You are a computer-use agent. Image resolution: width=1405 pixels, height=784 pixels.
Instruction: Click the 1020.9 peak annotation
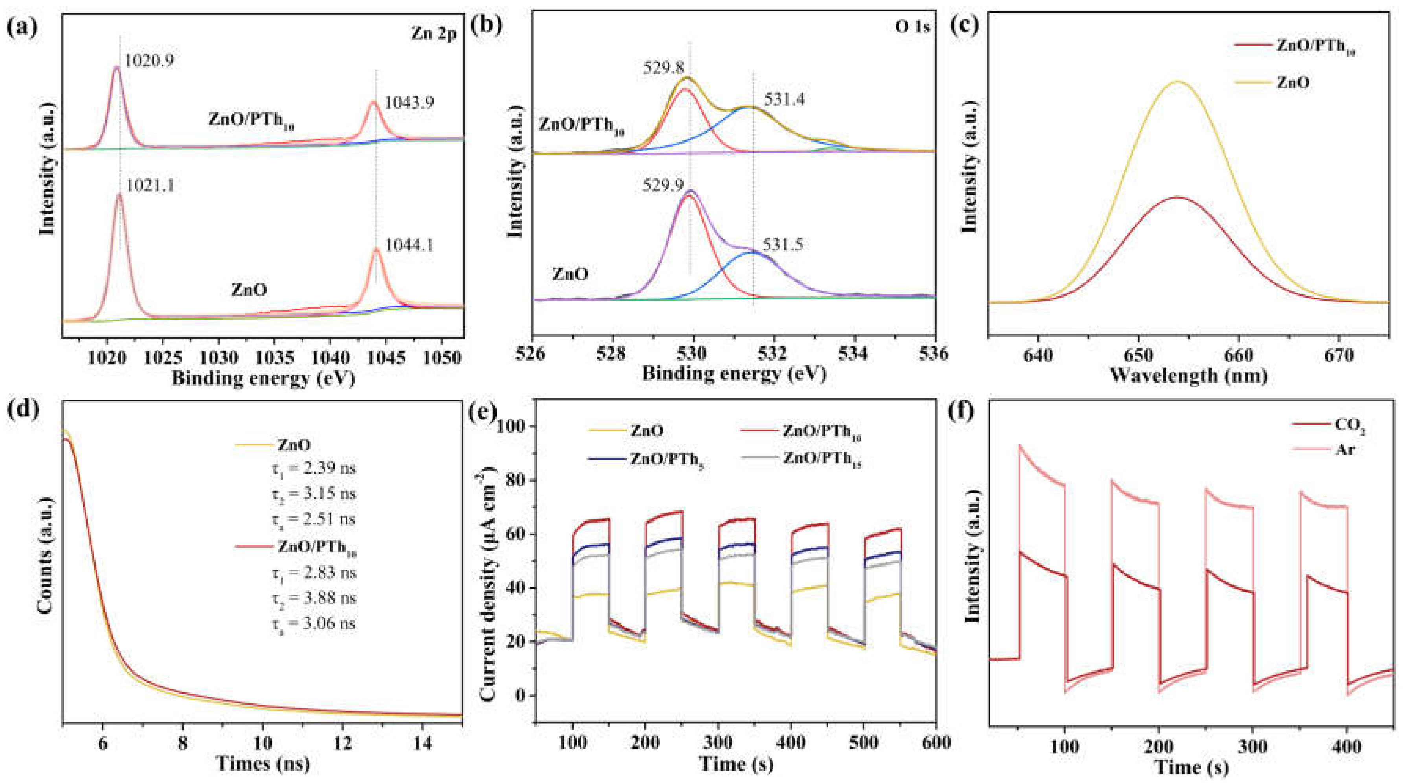tap(149, 61)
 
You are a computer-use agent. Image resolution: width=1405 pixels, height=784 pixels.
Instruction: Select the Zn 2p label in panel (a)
tap(433, 34)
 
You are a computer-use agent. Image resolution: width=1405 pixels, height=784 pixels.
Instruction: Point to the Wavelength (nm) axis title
tap(1188, 375)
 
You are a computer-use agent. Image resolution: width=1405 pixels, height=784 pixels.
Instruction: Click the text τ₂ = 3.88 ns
tap(314, 598)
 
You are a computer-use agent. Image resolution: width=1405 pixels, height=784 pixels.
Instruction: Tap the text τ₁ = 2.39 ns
tap(314, 469)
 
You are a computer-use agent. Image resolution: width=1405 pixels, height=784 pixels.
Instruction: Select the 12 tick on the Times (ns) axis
tap(342, 744)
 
